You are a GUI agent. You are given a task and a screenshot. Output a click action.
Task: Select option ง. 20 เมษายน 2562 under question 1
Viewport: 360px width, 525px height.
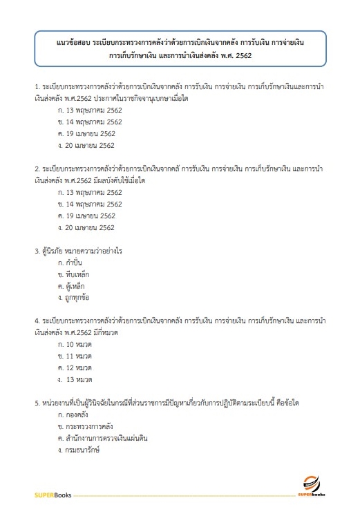tap(86, 146)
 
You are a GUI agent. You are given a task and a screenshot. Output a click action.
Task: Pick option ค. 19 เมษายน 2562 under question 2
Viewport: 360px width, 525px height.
tap(86, 216)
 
